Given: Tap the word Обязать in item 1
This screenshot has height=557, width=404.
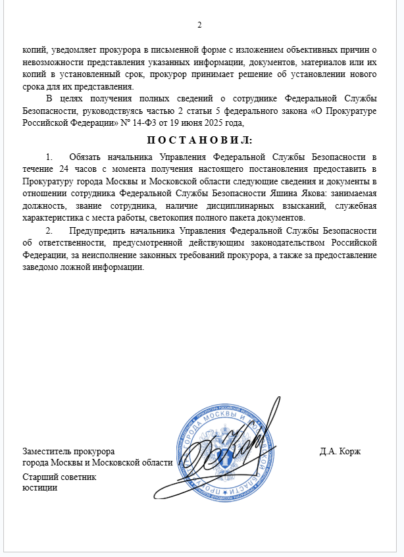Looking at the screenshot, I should (x=84, y=157).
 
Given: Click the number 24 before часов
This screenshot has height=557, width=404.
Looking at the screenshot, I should (x=55, y=169).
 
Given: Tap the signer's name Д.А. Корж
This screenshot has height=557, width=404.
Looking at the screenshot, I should (x=340, y=452).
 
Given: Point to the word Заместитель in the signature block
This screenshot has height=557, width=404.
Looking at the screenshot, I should (x=46, y=452).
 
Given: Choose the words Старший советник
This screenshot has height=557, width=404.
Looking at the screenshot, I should (x=59, y=477).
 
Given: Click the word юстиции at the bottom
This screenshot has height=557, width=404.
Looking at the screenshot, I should (x=39, y=487).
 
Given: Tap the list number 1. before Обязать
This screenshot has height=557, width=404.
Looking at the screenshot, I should (x=49, y=157).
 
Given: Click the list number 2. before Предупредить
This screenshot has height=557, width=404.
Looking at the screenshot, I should (x=49, y=230).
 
